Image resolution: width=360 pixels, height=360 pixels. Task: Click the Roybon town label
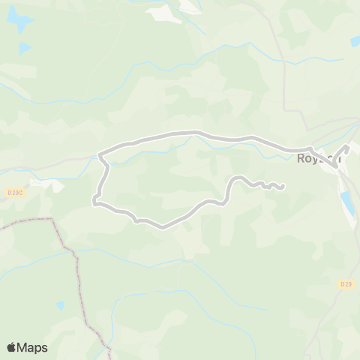tap(318, 158)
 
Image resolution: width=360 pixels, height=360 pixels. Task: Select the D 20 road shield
tap(346, 284)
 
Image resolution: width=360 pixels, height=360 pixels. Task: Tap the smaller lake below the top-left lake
tap(25, 49)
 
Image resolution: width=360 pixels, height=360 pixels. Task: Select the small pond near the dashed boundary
tap(60, 306)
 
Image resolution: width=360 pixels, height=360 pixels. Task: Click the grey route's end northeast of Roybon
tap(347, 148)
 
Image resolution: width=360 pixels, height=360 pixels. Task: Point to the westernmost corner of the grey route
tap(94, 200)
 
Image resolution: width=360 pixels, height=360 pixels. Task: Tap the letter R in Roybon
tap(301, 158)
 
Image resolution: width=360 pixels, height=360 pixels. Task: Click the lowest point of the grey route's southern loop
tap(161, 226)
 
